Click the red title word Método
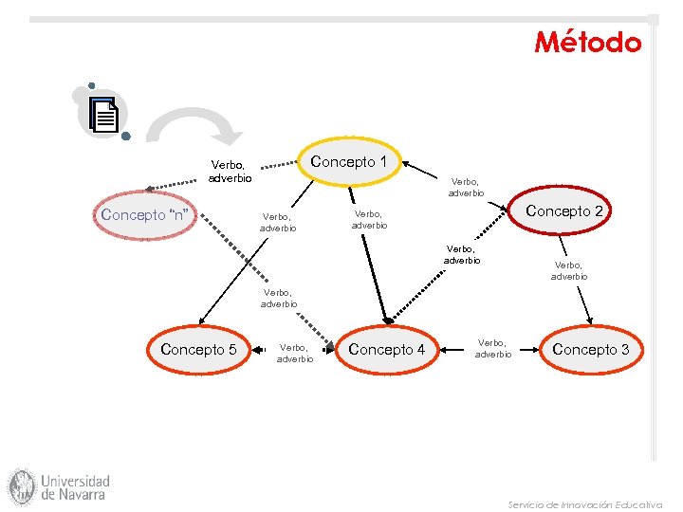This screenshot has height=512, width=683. pyautogui.click(x=588, y=43)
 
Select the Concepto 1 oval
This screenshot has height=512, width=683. pyautogui.click(x=349, y=162)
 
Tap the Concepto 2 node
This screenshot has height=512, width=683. pyautogui.click(x=563, y=211)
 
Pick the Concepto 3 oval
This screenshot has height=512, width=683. pyautogui.click(x=590, y=350)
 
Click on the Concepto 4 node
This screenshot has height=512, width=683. pyautogui.click(x=386, y=350)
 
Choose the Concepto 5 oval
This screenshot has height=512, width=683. pyautogui.click(x=198, y=350)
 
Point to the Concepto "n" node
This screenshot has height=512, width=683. pyautogui.click(x=148, y=215)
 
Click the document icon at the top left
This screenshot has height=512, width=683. pyautogui.click(x=104, y=115)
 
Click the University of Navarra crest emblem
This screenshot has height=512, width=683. pyautogui.click(x=22, y=486)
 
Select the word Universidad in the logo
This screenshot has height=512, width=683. pyautogui.click(x=76, y=481)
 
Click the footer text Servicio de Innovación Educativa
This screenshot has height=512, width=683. pyautogui.click(x=584, y=504)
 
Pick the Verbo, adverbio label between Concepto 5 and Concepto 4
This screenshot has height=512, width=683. pyautogui.click(x=294, y=354)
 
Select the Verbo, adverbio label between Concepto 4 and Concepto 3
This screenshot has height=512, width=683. pyautogui.click(x=492, y=348)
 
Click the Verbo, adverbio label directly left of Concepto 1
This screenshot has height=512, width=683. pyautogui.click(x=231, y=172)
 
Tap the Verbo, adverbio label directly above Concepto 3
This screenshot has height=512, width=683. pyautogui.click(x=569, y=271)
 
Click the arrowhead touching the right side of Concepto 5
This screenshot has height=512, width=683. pyautogui.click(x=257, y=351)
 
